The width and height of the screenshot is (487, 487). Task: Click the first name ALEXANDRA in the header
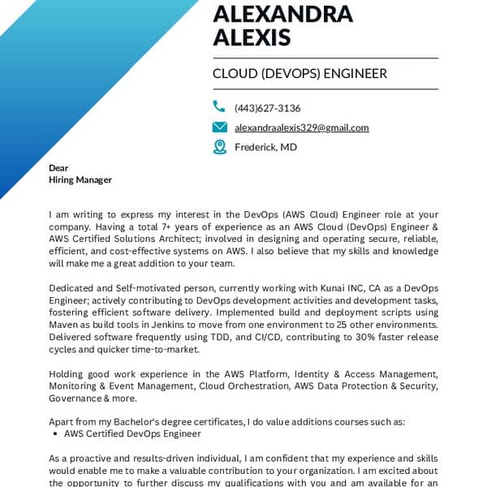[x=282, y=14]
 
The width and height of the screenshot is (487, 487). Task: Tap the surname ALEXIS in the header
[x=250, y=37]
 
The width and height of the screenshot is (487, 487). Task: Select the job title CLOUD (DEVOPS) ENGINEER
[x=300, y=74]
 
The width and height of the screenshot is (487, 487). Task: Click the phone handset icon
[x=219, y=106]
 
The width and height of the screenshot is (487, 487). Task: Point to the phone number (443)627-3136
[x=267, y=108]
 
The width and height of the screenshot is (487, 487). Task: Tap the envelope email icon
[x=219, y=127]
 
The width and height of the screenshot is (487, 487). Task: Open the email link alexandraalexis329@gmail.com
[x=301, y=127]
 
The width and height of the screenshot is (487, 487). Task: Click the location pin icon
[x=219, y=147]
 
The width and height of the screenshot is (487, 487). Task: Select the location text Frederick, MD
[x=265, y=147]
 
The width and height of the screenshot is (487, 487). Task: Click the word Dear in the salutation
[x=58, y=168]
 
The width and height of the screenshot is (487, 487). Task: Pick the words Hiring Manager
[x=80, y=179]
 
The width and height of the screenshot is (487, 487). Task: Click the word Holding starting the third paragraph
[x=67, y=373]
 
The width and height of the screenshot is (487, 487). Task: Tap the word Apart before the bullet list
[x=62, y=422]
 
